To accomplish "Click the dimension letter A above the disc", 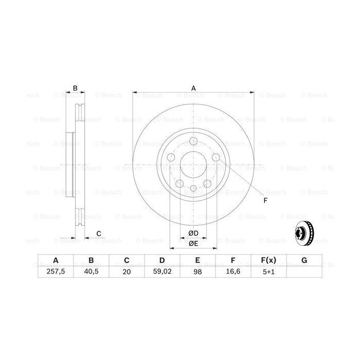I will click(193, 88).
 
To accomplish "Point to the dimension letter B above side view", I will click(75, 88).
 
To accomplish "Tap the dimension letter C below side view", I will click(98, 234).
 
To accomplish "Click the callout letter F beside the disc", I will click(265, 200).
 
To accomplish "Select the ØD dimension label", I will click(193, 233).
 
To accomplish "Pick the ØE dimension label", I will click(193, 243).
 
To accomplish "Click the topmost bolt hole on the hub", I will click(193, 142).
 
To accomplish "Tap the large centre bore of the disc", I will click(193, 165).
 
